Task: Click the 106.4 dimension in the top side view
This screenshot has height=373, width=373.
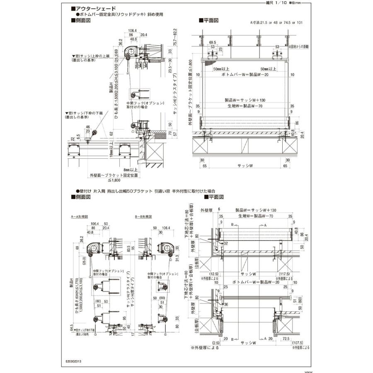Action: [132, 31]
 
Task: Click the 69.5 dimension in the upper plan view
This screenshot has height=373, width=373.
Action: [213, 42]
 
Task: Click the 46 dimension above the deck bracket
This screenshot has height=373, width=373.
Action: [88, 127]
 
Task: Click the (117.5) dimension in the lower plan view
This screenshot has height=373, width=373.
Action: [284, 274]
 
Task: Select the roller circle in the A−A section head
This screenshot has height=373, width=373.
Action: [94, 248]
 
